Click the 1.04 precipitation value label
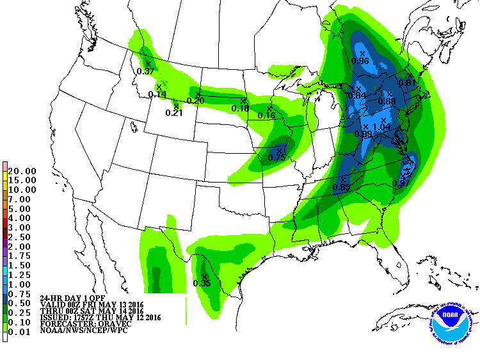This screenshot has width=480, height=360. [381, 128]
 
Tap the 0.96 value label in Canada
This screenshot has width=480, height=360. [361, 61]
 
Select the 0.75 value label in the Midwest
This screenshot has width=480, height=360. [276, 158]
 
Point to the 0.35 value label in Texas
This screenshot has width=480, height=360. [202, 283]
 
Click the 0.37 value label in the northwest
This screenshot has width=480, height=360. [146, 71]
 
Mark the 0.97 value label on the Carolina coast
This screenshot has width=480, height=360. [401, 184]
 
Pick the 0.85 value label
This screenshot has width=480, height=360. [341, 187]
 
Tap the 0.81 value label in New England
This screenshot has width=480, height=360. [407, 83]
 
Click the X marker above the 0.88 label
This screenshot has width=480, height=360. [389, 94]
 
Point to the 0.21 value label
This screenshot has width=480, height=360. [174, 113]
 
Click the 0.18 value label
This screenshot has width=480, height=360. [240, 108]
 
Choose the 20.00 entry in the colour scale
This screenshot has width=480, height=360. [22, 171]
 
